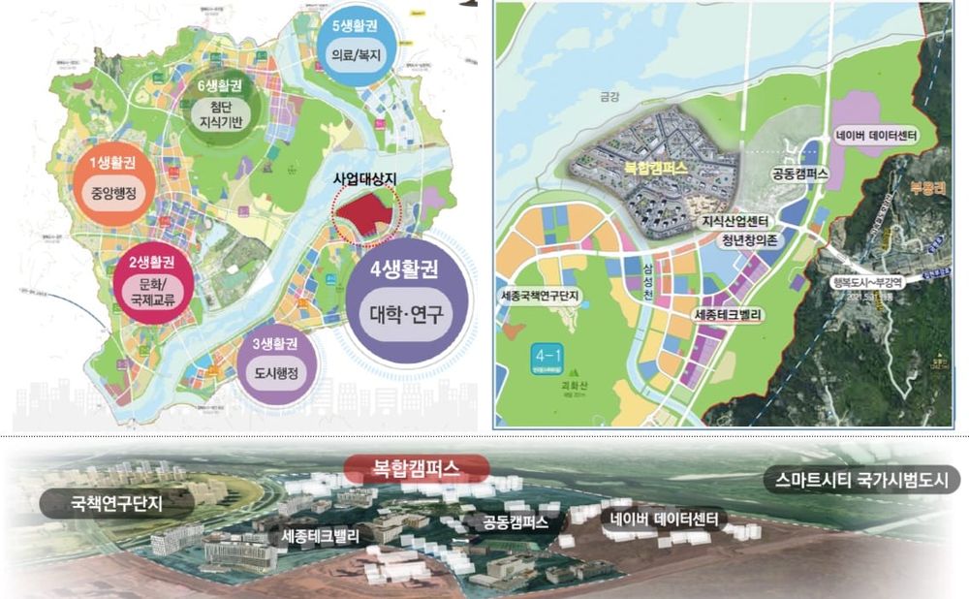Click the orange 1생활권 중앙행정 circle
click(114, 181)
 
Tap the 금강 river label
click(607, 97)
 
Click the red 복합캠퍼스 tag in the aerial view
click(417, 470)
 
